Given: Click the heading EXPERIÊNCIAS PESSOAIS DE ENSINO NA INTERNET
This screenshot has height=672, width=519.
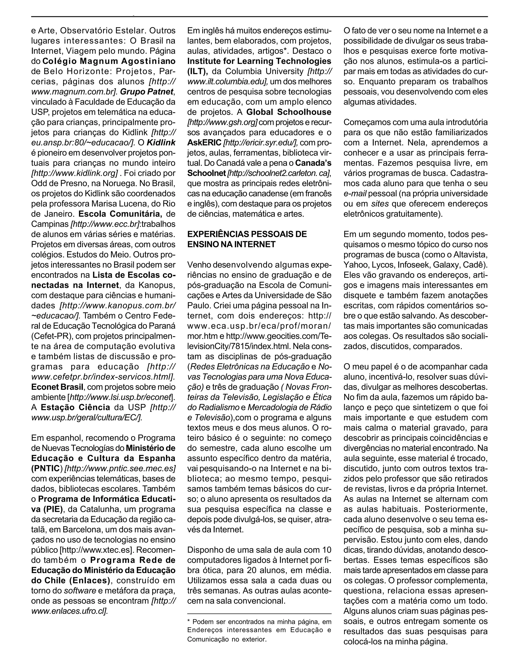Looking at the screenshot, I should [247, 239].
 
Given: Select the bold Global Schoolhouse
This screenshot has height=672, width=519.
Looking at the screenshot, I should [289, 112].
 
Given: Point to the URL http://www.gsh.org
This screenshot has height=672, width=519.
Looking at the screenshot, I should [222, 122].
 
